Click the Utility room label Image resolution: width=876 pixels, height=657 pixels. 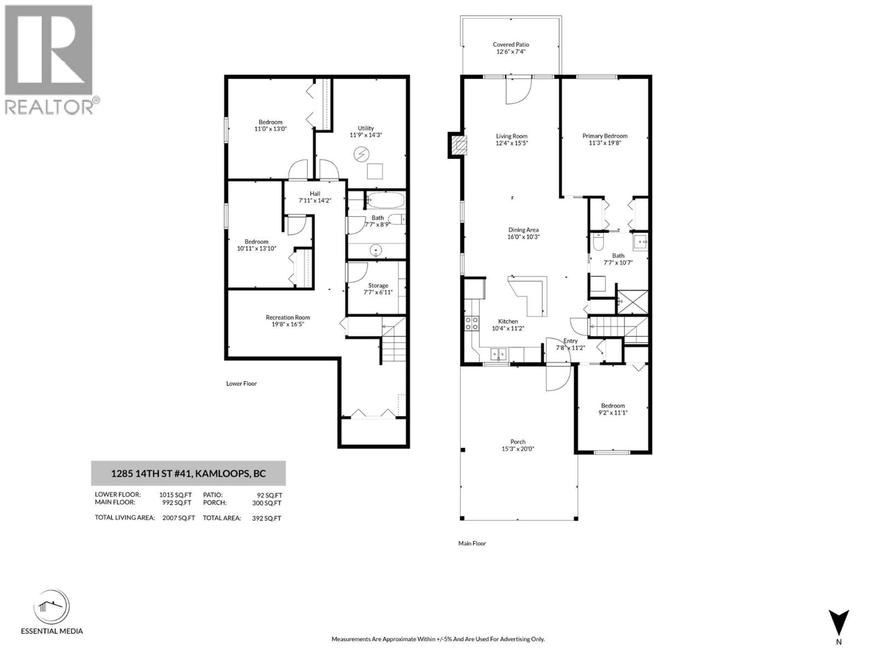(365, 128)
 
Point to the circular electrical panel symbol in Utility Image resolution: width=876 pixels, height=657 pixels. (361, 154)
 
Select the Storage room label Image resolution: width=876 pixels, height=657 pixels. (378, 285)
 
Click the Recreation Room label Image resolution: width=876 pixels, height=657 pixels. (287, 317)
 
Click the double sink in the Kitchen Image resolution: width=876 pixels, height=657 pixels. (498, 353)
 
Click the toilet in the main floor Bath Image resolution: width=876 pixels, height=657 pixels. (598, 242)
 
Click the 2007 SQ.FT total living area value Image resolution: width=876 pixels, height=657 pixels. (179, 518)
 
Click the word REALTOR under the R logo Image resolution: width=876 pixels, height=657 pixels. (49, 107)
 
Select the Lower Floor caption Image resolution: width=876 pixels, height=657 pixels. (242, 383)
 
